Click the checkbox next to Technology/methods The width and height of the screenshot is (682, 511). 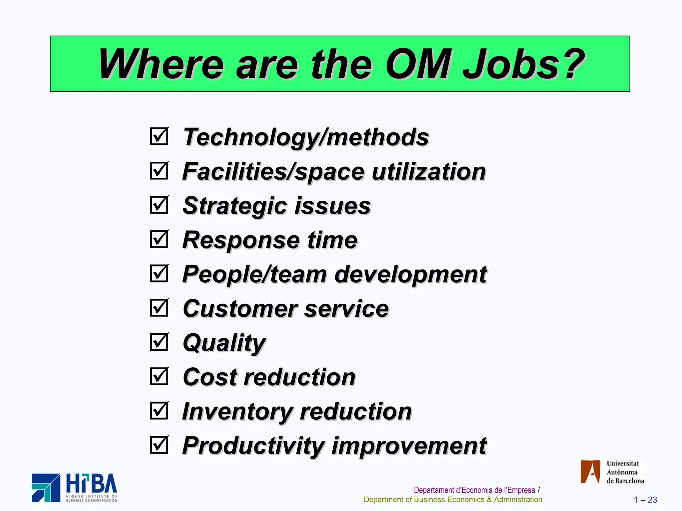159,136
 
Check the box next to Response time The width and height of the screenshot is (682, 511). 159,239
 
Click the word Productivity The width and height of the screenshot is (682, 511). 253,446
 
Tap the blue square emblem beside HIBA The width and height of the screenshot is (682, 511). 46,488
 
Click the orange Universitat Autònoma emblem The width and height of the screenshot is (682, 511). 590,472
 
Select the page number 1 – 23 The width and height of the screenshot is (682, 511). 645,500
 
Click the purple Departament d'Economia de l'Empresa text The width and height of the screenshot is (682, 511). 474,490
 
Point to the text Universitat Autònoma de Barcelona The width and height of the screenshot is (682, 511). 625,472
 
